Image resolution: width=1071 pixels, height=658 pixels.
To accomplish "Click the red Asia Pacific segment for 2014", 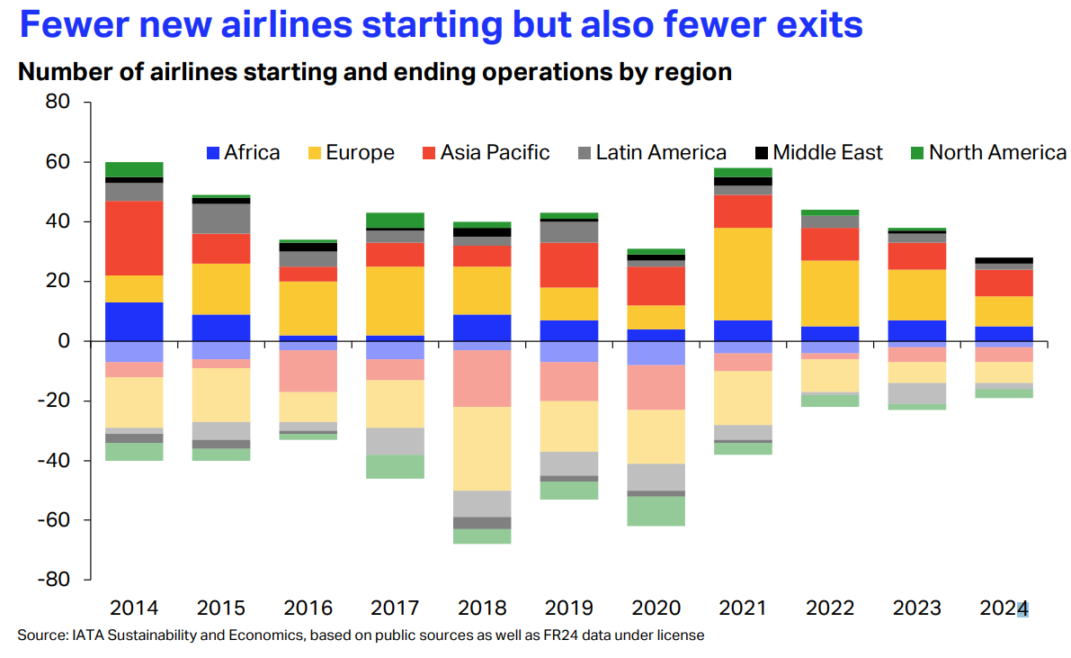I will (x=134, y=238).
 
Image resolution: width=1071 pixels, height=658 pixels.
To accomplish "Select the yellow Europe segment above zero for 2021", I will (x=742, y=274).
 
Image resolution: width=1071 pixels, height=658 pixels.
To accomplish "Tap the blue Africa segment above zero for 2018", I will (x=482, y=327).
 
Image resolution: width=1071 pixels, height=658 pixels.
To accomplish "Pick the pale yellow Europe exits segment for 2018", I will (x=482, y=448).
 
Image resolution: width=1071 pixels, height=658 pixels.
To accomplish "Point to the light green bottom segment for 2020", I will (x=656, y=510).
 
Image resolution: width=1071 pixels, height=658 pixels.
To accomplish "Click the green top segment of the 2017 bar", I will (x=396, y=221).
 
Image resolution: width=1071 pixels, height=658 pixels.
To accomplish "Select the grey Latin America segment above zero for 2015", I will (x=221, y=219).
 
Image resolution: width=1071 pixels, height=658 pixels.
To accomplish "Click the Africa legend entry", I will (x=243, y=153).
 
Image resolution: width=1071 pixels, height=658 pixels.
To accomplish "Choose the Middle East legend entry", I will (x=818, y=153).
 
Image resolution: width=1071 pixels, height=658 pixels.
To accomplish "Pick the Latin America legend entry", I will (x=651, y=153).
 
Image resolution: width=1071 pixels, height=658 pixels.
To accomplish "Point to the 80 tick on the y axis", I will (x=58, y=103).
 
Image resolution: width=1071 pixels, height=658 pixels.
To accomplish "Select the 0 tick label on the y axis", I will (x=65, y=341).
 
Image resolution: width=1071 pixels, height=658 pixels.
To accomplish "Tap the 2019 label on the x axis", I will (x=568, y=608).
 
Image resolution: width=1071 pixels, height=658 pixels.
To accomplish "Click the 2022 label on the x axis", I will (x=829, y=608).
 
